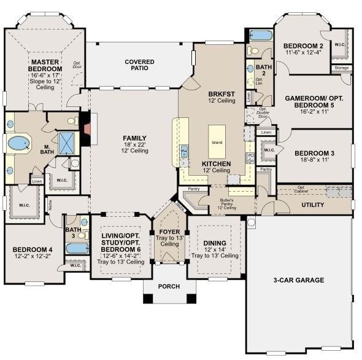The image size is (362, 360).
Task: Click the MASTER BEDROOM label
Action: (x=44, y=66)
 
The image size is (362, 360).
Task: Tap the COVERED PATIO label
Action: (x=139, y=66)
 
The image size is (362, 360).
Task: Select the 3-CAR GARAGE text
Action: (x=298, y=280)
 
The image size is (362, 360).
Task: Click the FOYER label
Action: (x=169, y=233)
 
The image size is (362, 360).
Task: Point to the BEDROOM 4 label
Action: (x=30, y=249)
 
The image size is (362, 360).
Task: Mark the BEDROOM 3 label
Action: (x=312, y=154)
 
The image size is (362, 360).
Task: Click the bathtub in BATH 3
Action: (x=77, y=248)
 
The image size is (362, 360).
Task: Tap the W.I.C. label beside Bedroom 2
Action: (x=341, y=44)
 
